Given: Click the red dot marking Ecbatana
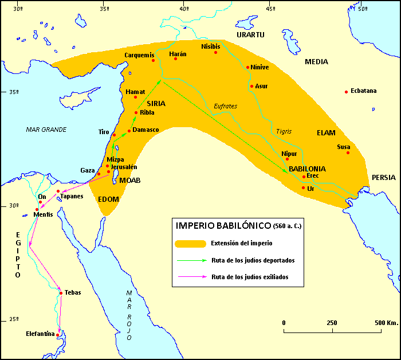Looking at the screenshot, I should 346,92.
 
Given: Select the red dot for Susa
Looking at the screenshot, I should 348,152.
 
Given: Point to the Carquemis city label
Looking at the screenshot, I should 139,55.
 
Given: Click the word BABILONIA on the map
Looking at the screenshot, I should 307,169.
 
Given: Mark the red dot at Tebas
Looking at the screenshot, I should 60,293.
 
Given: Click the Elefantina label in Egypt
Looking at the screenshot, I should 40,334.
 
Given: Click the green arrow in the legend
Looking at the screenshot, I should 190,260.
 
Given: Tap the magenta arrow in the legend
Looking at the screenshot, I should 190,277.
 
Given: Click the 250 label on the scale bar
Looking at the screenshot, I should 331,323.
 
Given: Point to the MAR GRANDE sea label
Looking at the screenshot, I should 46,130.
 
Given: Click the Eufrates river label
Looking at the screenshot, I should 225,106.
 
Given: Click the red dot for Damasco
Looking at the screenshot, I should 129,131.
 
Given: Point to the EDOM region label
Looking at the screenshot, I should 108,199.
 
